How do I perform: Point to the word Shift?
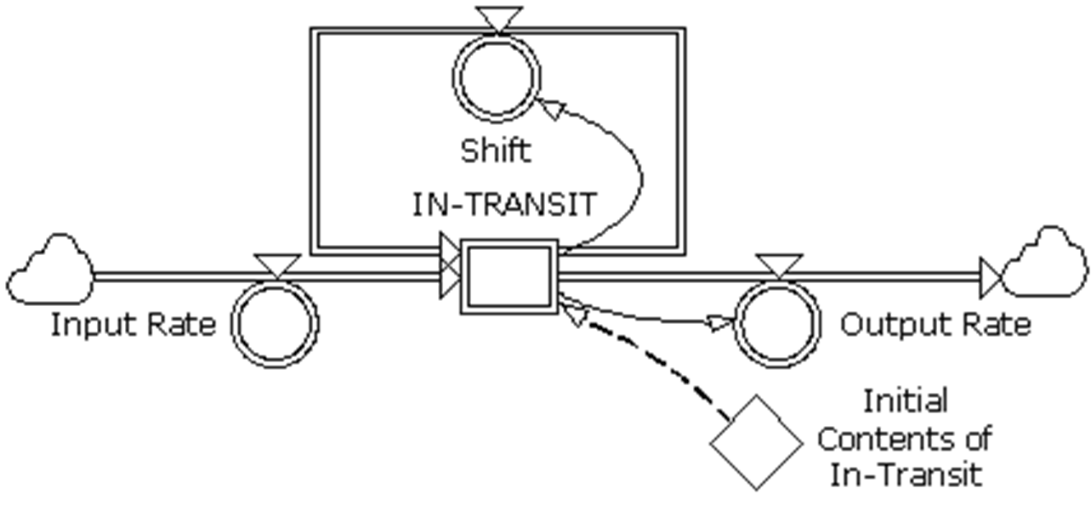click(x=496, y=150)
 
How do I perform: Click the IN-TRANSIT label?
click(x=504, y=204)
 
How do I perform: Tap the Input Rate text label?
click(x=134, y=325)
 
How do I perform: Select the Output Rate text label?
click(x=936, y=325)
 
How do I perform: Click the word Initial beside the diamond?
click(x=906, y=401)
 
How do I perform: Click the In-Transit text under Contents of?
click(x=906, y=474)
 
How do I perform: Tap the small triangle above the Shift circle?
click(x=499, y=20)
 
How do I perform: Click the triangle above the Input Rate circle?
click(x=277, y=265)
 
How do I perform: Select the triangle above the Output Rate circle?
click(x=780, y=265)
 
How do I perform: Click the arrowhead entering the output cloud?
click(x=991, y=278)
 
